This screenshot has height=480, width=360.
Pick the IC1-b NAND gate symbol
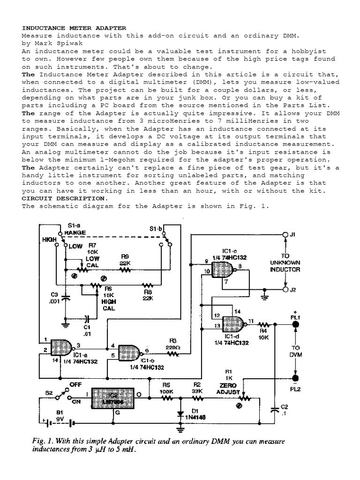click(128, 352)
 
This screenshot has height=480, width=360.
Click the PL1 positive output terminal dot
click(296, 323)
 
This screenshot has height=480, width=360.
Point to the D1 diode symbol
click(180, 413)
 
